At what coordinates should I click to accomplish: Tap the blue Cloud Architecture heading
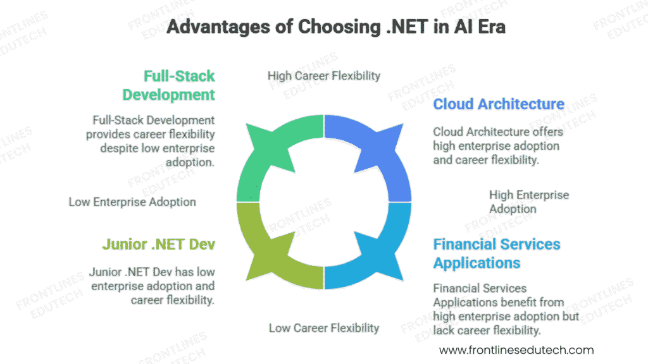click(499, 104)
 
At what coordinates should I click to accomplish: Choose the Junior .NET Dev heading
click(158, 244)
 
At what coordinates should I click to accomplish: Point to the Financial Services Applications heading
click(497, 253)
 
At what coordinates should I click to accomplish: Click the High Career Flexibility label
click(324, 76)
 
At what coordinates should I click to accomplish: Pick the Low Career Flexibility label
click(324, 327)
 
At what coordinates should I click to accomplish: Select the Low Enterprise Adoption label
click(132, 202)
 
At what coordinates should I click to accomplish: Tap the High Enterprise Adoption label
click(529, 202)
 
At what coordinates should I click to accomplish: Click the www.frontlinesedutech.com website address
click(516, 349)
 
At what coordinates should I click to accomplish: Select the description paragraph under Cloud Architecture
click(497, 145)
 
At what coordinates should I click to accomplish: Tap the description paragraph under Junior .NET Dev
click(152, 286)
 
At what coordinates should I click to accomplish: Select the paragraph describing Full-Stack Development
click(151, 141)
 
